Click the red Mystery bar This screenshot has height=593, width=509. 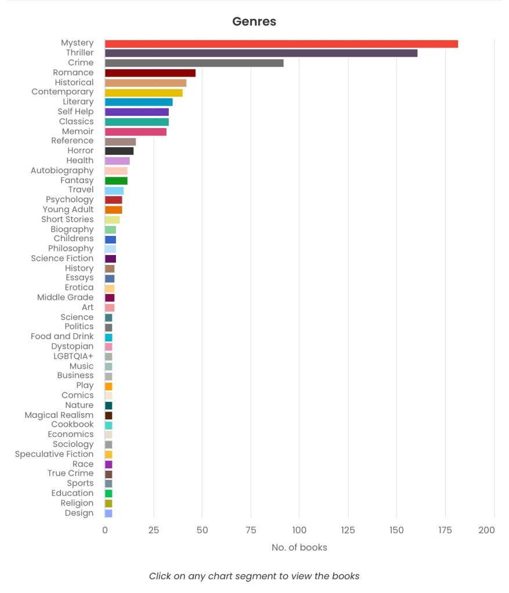[281, 43]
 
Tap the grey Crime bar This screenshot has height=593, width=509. [194, 63]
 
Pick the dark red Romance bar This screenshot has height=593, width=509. [150, 72]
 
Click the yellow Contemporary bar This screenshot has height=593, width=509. [144, 92]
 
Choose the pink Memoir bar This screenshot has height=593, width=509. [136, 132]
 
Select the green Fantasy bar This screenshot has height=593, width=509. [116, 181]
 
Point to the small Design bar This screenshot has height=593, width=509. [108, 513]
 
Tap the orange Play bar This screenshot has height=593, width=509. [108, 385]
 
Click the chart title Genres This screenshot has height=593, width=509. [254, 22]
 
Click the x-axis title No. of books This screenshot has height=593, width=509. [299, 547]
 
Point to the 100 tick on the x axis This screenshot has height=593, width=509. [299, 530]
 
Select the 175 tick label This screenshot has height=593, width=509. [445, 530]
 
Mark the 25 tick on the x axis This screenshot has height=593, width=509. [154, 530]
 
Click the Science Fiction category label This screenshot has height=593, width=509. [62, 259]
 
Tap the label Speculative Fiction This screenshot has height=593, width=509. [54, 454]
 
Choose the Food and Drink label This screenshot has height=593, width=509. [62, 336]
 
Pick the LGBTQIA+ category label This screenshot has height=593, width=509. [73, 356]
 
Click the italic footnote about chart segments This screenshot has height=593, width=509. [254, 576]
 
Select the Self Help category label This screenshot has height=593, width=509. [75, 111]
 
